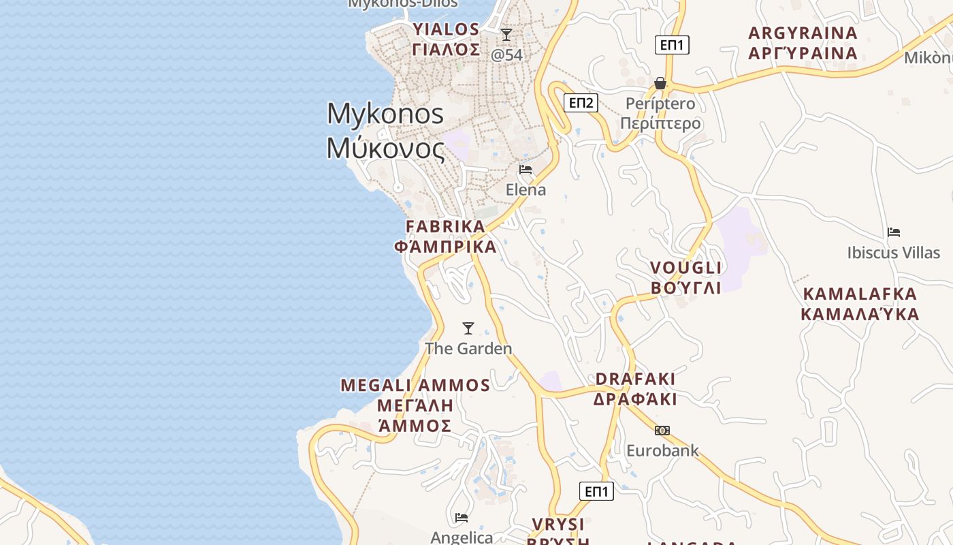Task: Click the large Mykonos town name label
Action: [385, 131]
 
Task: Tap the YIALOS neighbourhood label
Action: [446, 40]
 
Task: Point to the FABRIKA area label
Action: [446, 236]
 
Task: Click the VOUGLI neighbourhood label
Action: [685, 277]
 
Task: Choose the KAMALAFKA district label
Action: [860, 304]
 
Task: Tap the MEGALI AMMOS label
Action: [415, 405]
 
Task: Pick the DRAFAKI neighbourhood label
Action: [635, 389]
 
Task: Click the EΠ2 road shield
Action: [581, 103]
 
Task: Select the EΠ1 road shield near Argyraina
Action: [673, 46]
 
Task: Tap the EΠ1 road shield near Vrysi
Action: [596, 491]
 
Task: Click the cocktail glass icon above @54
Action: [506, 35]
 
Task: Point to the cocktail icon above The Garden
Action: [468, 328]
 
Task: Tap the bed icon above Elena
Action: [526, 169]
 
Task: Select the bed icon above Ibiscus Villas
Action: [894, 232]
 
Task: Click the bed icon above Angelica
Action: [462, 517]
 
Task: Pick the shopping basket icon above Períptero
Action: [660, 83]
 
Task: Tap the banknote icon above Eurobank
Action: [662, 431]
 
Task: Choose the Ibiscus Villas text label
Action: [893, 253]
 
